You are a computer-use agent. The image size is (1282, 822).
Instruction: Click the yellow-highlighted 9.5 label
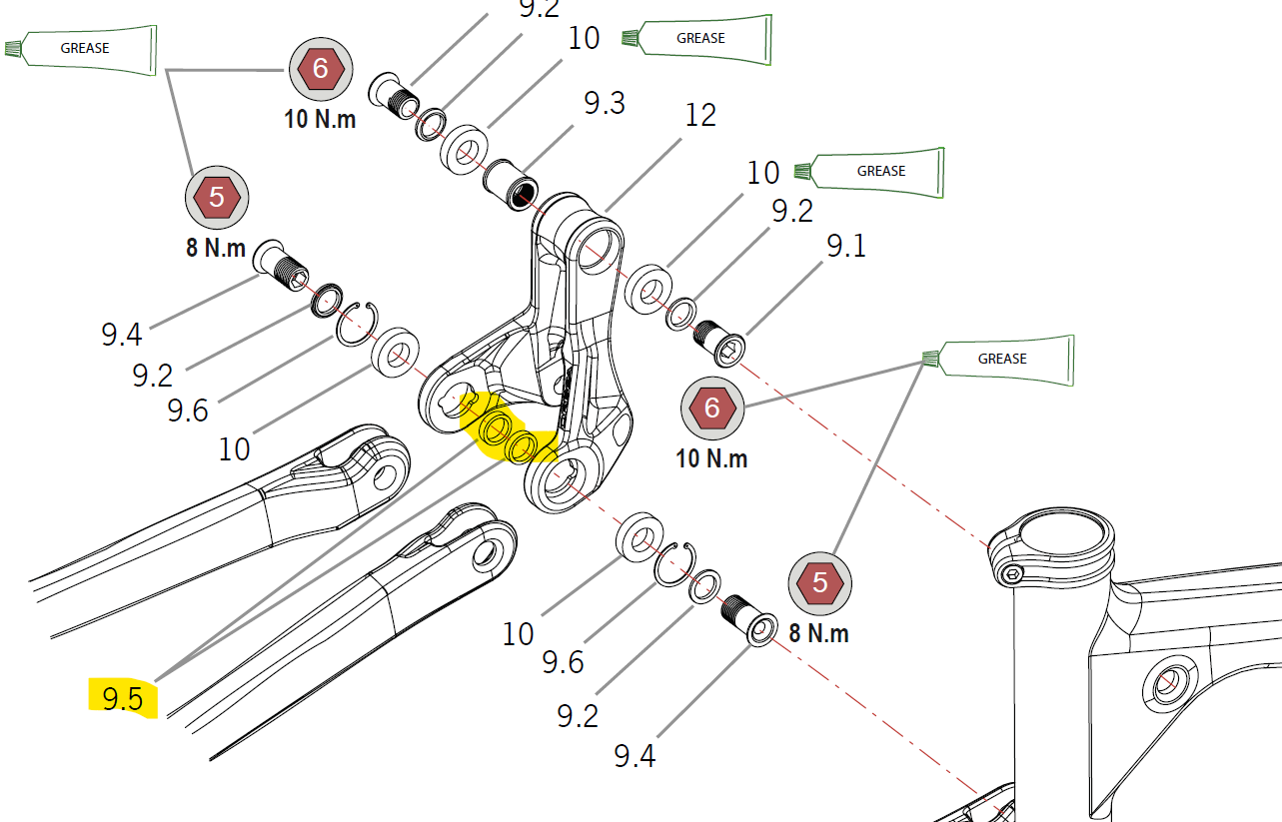(123, 697)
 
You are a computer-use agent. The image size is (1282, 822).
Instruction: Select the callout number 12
(700, 115)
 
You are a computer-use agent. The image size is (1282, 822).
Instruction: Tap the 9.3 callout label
(605, 102)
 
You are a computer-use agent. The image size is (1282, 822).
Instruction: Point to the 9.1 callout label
(844, 245)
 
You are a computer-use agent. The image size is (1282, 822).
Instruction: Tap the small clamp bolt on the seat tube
(1012, 573)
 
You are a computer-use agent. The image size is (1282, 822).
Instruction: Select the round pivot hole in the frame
(1165, 685)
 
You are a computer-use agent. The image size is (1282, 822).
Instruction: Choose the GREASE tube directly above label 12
(699, 39)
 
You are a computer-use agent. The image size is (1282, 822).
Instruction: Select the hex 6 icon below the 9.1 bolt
(711, 408)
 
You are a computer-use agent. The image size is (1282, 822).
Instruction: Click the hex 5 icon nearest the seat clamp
(820, 583)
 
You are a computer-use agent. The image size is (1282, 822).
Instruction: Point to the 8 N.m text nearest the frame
(819, 633)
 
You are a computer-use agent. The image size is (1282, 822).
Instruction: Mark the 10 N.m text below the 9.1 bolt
(711, 458)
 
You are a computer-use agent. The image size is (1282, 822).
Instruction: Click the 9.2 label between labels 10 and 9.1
(791, 211)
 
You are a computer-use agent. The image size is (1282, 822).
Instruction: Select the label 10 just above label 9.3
(584, 38)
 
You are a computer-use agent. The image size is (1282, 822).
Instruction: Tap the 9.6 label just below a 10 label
(563, 662)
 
